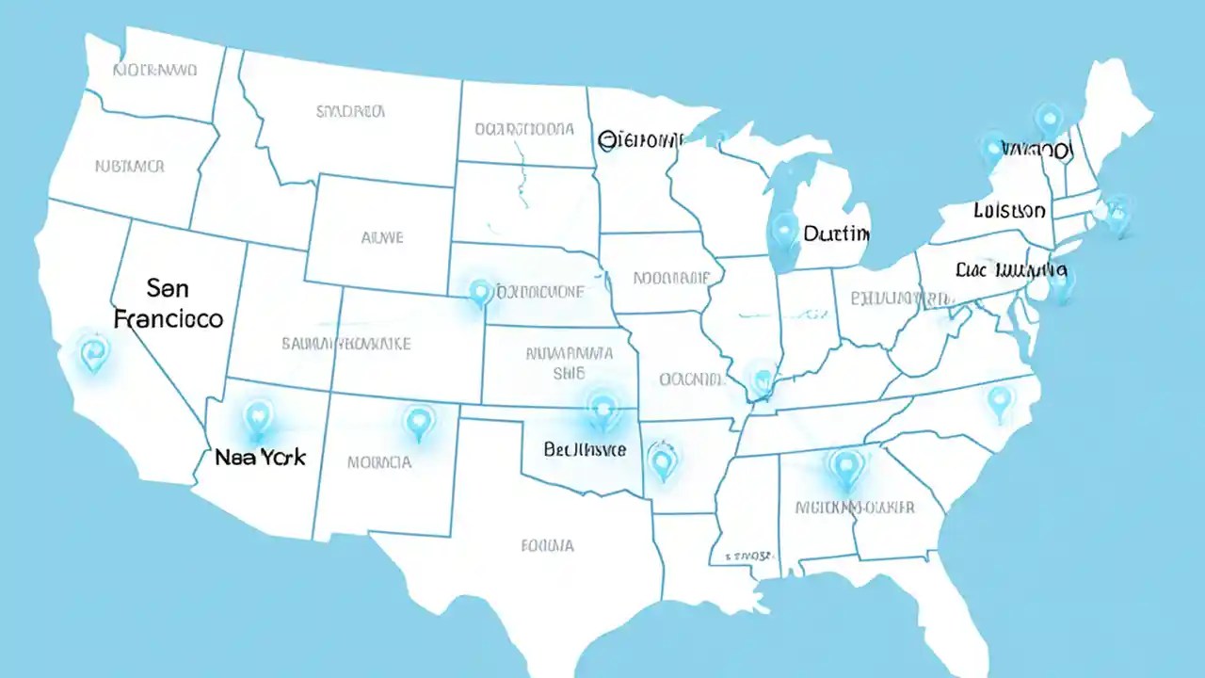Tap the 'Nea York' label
coord(261,458)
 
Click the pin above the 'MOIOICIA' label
coord(418,422)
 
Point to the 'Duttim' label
coord(836,233)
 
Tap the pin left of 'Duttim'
coord(783,230)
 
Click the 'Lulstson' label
coord(1009,210)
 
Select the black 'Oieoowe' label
coord(639,140)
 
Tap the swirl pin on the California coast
coord(93,353)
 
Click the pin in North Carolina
coord(999,402)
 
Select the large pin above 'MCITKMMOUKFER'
coord(846,465)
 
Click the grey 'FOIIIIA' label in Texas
coord(547,544)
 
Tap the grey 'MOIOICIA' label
coord(379,462)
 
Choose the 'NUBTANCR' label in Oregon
coord(130,166)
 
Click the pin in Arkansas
coord(663,462)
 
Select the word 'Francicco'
coord(169,318)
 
